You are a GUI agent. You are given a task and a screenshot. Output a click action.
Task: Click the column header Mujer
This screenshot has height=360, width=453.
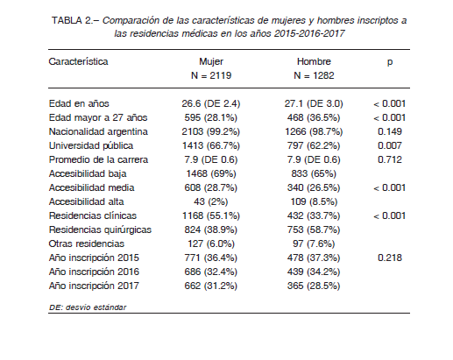coord(211,61)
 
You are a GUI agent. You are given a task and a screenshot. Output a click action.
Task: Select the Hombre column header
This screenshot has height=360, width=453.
coord(314,61)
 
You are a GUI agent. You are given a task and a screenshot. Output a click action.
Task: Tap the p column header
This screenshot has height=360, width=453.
coord(390,62)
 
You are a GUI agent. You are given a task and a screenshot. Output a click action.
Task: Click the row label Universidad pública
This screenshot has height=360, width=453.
coord(91,145)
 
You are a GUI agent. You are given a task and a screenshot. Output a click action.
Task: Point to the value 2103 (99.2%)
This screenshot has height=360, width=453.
coord(210,131)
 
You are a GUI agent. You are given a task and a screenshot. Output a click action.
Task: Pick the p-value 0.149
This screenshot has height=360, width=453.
coord(390,131)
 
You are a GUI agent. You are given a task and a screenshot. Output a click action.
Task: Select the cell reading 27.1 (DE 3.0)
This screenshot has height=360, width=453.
coord(314,103)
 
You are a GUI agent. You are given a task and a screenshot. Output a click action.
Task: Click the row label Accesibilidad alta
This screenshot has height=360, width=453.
coord(86,201)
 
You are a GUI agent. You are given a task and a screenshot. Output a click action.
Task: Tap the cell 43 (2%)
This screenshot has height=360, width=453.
coord(210,201)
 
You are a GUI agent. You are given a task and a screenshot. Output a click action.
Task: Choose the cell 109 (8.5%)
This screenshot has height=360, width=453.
coord(314,201)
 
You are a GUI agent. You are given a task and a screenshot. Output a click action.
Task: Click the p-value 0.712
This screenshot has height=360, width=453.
coord(390,159)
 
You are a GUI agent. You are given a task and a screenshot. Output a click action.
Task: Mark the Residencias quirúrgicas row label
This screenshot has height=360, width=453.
coord(100,230)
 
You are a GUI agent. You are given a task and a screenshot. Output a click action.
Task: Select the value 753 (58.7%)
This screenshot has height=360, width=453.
coord(314,229)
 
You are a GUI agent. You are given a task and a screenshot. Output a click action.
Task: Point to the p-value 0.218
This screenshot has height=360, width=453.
coord(390,258)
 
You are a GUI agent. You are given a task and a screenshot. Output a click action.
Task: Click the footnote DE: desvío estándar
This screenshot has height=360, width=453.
coord(88,307)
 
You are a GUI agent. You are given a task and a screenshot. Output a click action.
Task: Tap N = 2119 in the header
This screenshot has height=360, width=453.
coord(211,75)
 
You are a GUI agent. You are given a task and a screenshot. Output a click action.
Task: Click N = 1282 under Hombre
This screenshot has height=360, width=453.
coord(314,75)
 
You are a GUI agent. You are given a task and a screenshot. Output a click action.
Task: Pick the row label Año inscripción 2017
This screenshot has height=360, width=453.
coord(94,286)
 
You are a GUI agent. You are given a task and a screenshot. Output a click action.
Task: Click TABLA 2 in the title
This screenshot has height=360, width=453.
coord(72,21)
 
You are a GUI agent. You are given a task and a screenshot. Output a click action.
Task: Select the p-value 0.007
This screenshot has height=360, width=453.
coord(390,145)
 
